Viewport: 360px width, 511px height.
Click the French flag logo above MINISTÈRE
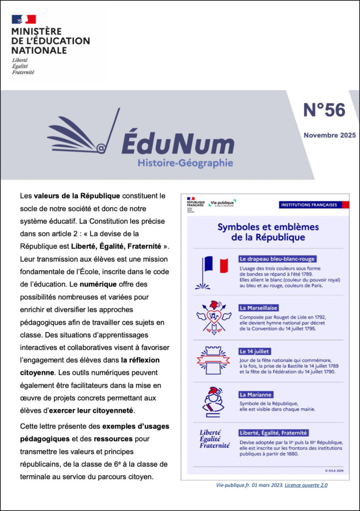(x=24, y=19)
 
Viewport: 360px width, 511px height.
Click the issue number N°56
(x=324, y=110)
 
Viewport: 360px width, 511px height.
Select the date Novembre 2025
(x=330, y=135)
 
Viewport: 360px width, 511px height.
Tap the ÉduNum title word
(x=177, y=143)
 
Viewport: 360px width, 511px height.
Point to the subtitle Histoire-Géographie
(x=185, y=163)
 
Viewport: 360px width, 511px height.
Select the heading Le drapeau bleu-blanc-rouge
(x=277, y=259)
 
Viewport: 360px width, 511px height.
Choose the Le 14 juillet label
(x=255, y=351)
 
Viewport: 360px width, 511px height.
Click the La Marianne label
(x=256, y=394)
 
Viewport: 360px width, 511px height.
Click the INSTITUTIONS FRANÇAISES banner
(x=309, y=205)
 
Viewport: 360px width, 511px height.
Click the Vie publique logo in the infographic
(x=222, y=203)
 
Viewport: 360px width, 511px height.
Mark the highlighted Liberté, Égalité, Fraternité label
(x=273, y=433)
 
